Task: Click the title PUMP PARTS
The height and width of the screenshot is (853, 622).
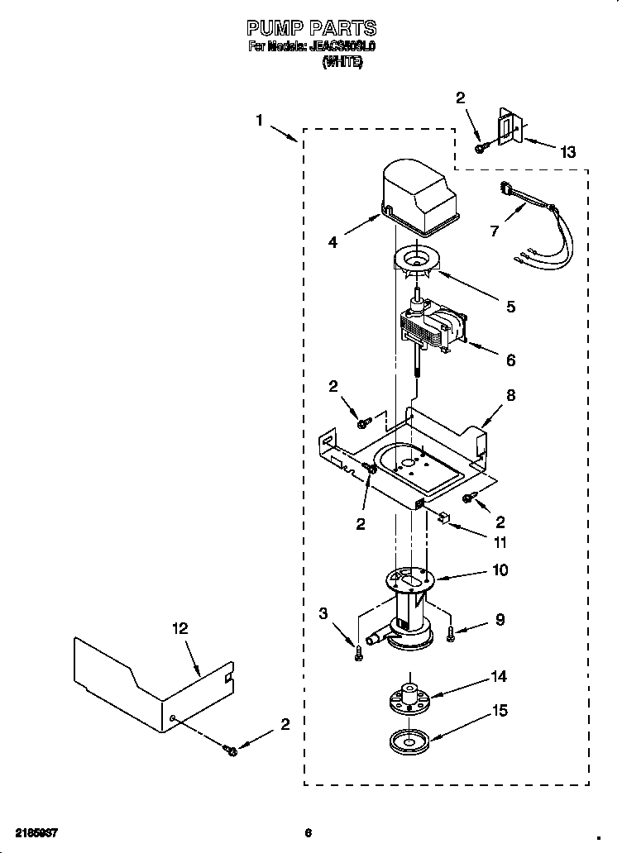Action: click(312, 29)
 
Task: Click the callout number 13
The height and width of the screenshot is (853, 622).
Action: click(567, 152)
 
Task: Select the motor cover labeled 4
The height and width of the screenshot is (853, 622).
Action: click(420, 200)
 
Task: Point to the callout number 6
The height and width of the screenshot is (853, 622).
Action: click(510, 360)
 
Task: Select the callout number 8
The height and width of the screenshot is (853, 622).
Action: click(510, 395)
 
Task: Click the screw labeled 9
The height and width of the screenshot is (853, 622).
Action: click(451, 635)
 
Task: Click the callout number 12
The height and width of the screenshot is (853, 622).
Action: click(179, 628)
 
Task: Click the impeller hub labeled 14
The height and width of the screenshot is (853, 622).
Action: click(410, 693)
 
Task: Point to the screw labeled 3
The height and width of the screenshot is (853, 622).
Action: click(356, 652)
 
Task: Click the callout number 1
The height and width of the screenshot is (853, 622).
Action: click(259, 120)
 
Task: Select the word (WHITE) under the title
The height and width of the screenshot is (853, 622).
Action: click(342, 62)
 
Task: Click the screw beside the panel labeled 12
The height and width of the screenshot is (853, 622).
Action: click(230, 750)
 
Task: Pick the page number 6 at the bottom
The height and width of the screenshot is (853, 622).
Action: click(308, 832)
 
